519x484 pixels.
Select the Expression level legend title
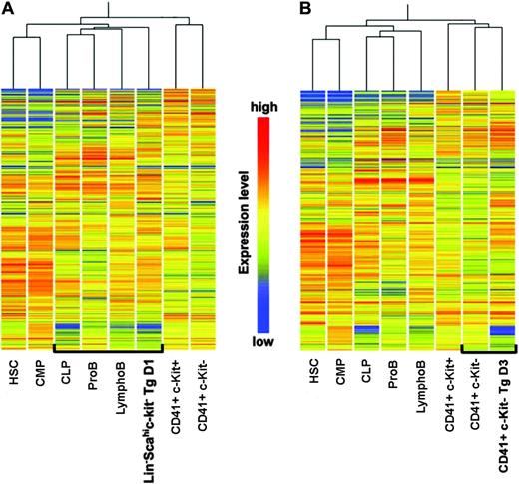point(243,222)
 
